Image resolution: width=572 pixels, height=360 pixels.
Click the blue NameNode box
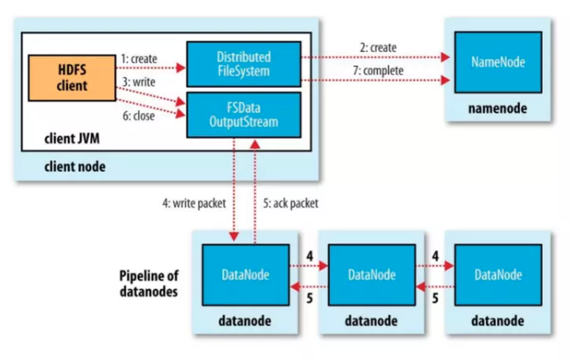(497, 63)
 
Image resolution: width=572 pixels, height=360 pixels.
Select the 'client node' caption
(75, 167)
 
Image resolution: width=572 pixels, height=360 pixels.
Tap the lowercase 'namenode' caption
(497, 110)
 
